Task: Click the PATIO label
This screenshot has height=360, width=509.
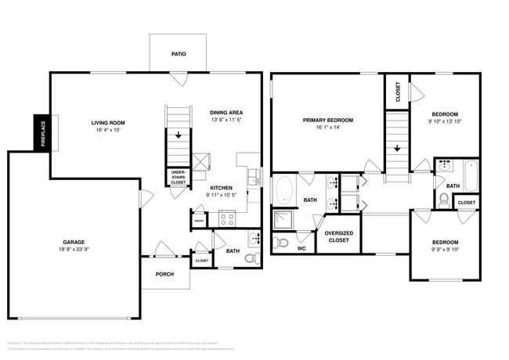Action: [x=179, y=56]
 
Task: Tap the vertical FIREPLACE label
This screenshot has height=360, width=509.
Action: [x=42, y=134]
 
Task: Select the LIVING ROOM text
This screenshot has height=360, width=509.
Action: [x=108, y=123]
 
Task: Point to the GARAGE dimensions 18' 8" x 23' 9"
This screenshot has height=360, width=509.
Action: [x=75, y=250]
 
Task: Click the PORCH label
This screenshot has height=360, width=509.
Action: [x=165, y=274]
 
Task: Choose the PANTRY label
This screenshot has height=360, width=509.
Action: [x=199, y=221]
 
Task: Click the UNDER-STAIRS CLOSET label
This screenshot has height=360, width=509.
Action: [x=179, y=178]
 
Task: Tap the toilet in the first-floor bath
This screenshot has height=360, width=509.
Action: [x=251, y=257]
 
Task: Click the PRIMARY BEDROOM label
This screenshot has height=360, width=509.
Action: [x=328, y=121]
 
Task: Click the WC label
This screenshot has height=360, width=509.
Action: [x=301, y=249]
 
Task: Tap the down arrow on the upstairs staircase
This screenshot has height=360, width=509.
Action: [x=397, y=147]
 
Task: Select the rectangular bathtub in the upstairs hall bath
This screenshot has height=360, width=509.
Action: [x=470, y=175]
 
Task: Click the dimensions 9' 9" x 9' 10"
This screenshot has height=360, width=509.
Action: [x=443, y=250]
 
